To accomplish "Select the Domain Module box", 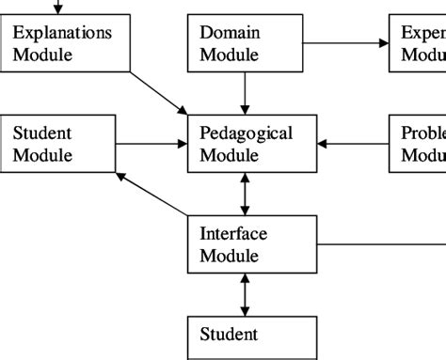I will (x=245, y=44).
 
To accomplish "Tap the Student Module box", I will (x=58, y=144).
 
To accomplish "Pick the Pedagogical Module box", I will (x=252, y=144).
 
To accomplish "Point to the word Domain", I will (x=230, y=33).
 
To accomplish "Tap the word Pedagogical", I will (x=247, y=133).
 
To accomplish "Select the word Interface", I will (x=233, y=234).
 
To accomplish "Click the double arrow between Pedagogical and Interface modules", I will (x=246, y=194).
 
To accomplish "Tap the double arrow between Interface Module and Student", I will (x=246, y=295).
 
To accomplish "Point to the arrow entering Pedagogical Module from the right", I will (x=354, y=144).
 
